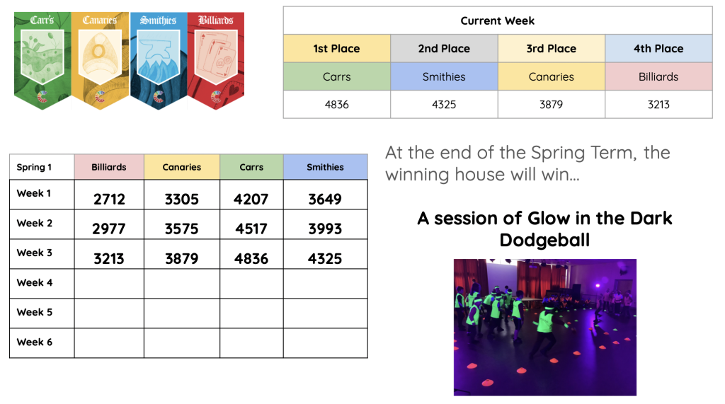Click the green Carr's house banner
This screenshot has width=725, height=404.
[x=42, y=60]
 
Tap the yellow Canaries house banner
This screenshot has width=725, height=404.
[x=100, y=60]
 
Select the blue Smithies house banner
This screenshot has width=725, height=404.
[x=158, y=60]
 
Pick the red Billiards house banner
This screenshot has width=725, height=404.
[x=216, y=60]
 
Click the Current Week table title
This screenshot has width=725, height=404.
[x=498, y=21]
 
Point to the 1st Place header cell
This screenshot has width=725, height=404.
[x=336, y=49]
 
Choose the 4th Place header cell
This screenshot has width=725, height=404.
[x=658, y=49]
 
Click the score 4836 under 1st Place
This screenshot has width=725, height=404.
[x=336, y=105]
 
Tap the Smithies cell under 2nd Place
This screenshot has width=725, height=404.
[x=444, y=76]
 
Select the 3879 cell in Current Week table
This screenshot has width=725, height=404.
[x=551, y=105]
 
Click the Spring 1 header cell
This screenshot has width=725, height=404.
[x=42, y=167]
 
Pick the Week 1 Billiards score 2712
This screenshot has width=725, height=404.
[x=109, y=200]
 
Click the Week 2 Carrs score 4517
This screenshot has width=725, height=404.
[x=251, y=229]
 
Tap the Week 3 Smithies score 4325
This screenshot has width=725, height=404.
[x=325, y=259]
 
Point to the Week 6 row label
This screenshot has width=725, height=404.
[x=35, y=342]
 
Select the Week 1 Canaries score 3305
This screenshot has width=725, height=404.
[x=182, y=200]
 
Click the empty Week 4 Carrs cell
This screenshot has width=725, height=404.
[x=251, y=283]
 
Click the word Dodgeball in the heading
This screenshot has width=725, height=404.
[x=544, y=241]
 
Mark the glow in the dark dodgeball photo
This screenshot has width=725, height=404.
[x=544, y=328]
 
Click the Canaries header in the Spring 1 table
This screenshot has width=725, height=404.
[x=182, y=167]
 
